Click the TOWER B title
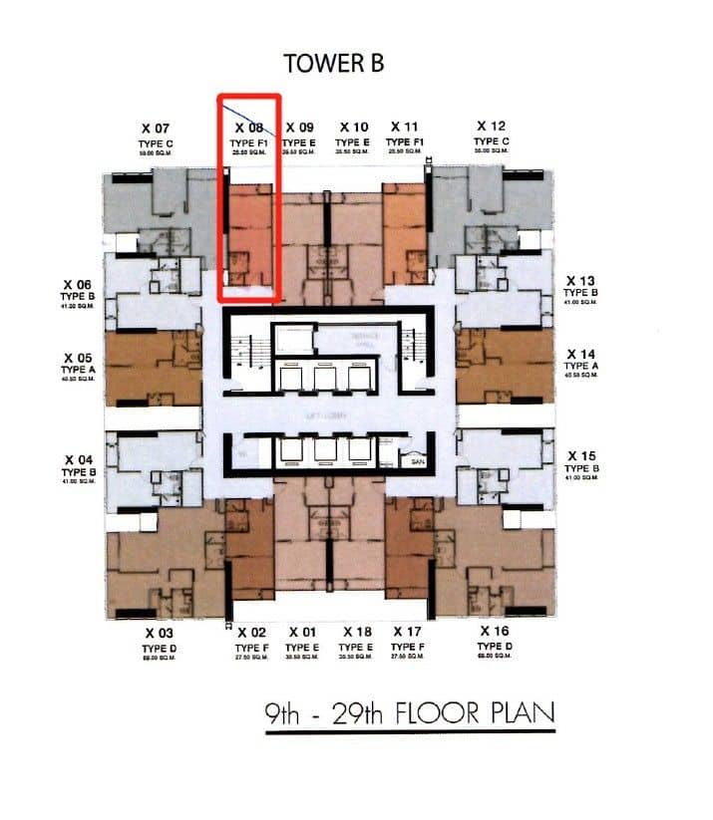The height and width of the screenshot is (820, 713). [x=334, y=62]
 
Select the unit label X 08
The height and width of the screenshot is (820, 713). [x=249, y=128]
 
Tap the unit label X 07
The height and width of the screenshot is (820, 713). [x=157, y=128]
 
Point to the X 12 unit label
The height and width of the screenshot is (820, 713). [x=491, y=127]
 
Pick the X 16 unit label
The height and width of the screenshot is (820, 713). [x=493, y=632]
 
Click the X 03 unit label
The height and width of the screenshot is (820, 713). [x=160, y=633]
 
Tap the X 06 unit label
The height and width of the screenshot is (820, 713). [x=77, y=284]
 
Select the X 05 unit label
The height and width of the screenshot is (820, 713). [x=77, y=357]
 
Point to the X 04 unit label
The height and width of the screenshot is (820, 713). [x=77, y=459]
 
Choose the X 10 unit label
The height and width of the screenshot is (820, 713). [x=354, y=128]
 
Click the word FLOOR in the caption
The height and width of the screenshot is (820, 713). [x=436, y=713]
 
